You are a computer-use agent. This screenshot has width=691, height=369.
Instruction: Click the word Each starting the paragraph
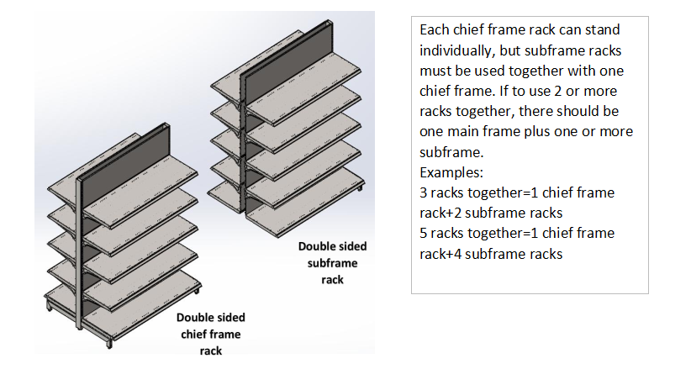pos(433,31)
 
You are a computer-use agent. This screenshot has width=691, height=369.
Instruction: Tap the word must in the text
pos(434,71)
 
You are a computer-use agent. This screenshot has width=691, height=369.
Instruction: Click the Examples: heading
pos(451,172)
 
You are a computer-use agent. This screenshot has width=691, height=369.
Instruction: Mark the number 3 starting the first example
pos(423,192)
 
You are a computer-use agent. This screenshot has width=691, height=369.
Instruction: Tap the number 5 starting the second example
pos(423,233)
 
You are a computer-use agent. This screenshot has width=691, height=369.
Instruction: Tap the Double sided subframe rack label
pos(331,263)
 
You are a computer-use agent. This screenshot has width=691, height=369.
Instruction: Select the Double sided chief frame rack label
pos(211,334)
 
